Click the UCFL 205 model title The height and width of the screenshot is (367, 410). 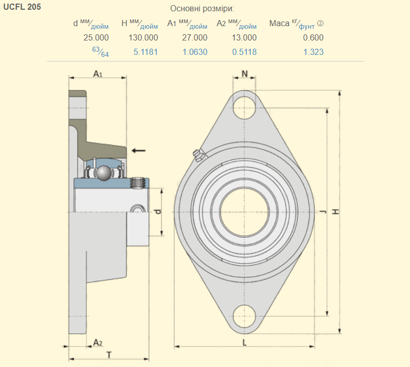(22, 7)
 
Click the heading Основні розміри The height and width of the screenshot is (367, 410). (201, 9)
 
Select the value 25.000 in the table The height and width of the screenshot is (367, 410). (96, 37)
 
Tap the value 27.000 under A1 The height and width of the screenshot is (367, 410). (195, 37)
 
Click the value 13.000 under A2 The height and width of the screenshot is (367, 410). (244, 37)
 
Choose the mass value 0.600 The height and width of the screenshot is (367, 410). (313, 37)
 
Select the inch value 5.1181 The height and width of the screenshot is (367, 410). (146, 52)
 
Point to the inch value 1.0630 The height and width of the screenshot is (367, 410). (195, 52)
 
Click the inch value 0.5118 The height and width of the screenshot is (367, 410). (244, 52)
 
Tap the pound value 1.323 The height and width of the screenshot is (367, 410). (313, 52)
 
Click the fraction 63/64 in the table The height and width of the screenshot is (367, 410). (100, 51)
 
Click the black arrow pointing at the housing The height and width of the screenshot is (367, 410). (138, 150)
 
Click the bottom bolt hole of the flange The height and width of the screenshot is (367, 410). (244, 315)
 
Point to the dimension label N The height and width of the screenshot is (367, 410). (244, 73)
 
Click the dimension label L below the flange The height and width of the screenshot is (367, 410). (244, 342)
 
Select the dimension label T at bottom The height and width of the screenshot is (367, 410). (109, 354)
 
